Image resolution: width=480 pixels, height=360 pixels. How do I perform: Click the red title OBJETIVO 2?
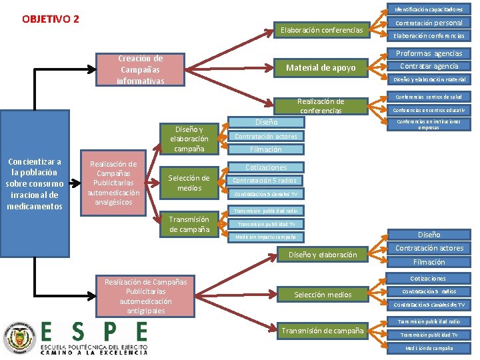pos(51,18)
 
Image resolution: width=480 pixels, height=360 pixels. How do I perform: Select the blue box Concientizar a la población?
pos(34,183)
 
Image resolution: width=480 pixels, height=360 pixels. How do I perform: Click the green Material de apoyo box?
pos(321,67)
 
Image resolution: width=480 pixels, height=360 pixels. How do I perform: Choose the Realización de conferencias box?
pos(321,106)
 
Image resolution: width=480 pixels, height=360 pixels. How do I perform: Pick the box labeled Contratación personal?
pos(429,23)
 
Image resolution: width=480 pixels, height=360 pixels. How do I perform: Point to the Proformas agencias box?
pos(429,53)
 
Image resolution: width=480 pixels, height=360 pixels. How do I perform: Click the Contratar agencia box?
pos(429,66)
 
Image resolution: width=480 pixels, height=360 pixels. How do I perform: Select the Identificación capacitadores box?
pos(429,10)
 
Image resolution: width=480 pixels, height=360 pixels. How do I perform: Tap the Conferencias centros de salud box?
pos(429,97)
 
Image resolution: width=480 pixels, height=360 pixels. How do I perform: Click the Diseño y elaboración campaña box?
pos(189,139)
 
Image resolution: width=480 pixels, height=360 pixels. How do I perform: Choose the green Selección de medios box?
pos(189,183)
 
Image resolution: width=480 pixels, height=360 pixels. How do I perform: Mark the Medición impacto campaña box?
pos(266,237)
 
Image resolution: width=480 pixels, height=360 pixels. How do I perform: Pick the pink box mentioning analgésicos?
pos(114,183)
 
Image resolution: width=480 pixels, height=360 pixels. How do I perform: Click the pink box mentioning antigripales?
pos(144,296)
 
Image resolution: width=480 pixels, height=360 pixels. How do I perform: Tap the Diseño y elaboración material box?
pos(429,79)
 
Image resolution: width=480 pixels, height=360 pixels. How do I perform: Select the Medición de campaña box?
pos(429,348)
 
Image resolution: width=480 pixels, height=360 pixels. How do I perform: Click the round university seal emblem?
pos(19,338)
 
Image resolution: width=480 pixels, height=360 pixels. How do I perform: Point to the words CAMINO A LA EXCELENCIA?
pos(93,353)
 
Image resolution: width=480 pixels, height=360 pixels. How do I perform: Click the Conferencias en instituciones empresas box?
pos(429,124)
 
